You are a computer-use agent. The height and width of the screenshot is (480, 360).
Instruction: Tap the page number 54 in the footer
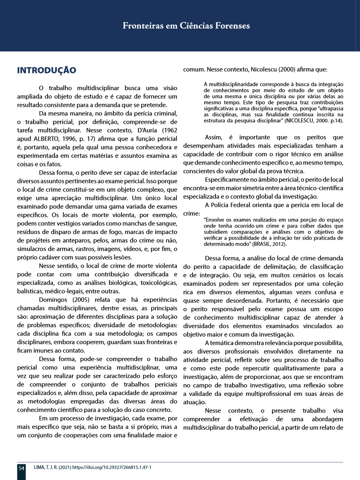click(21, 468)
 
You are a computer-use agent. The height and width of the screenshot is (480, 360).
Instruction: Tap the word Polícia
click(235, 205)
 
